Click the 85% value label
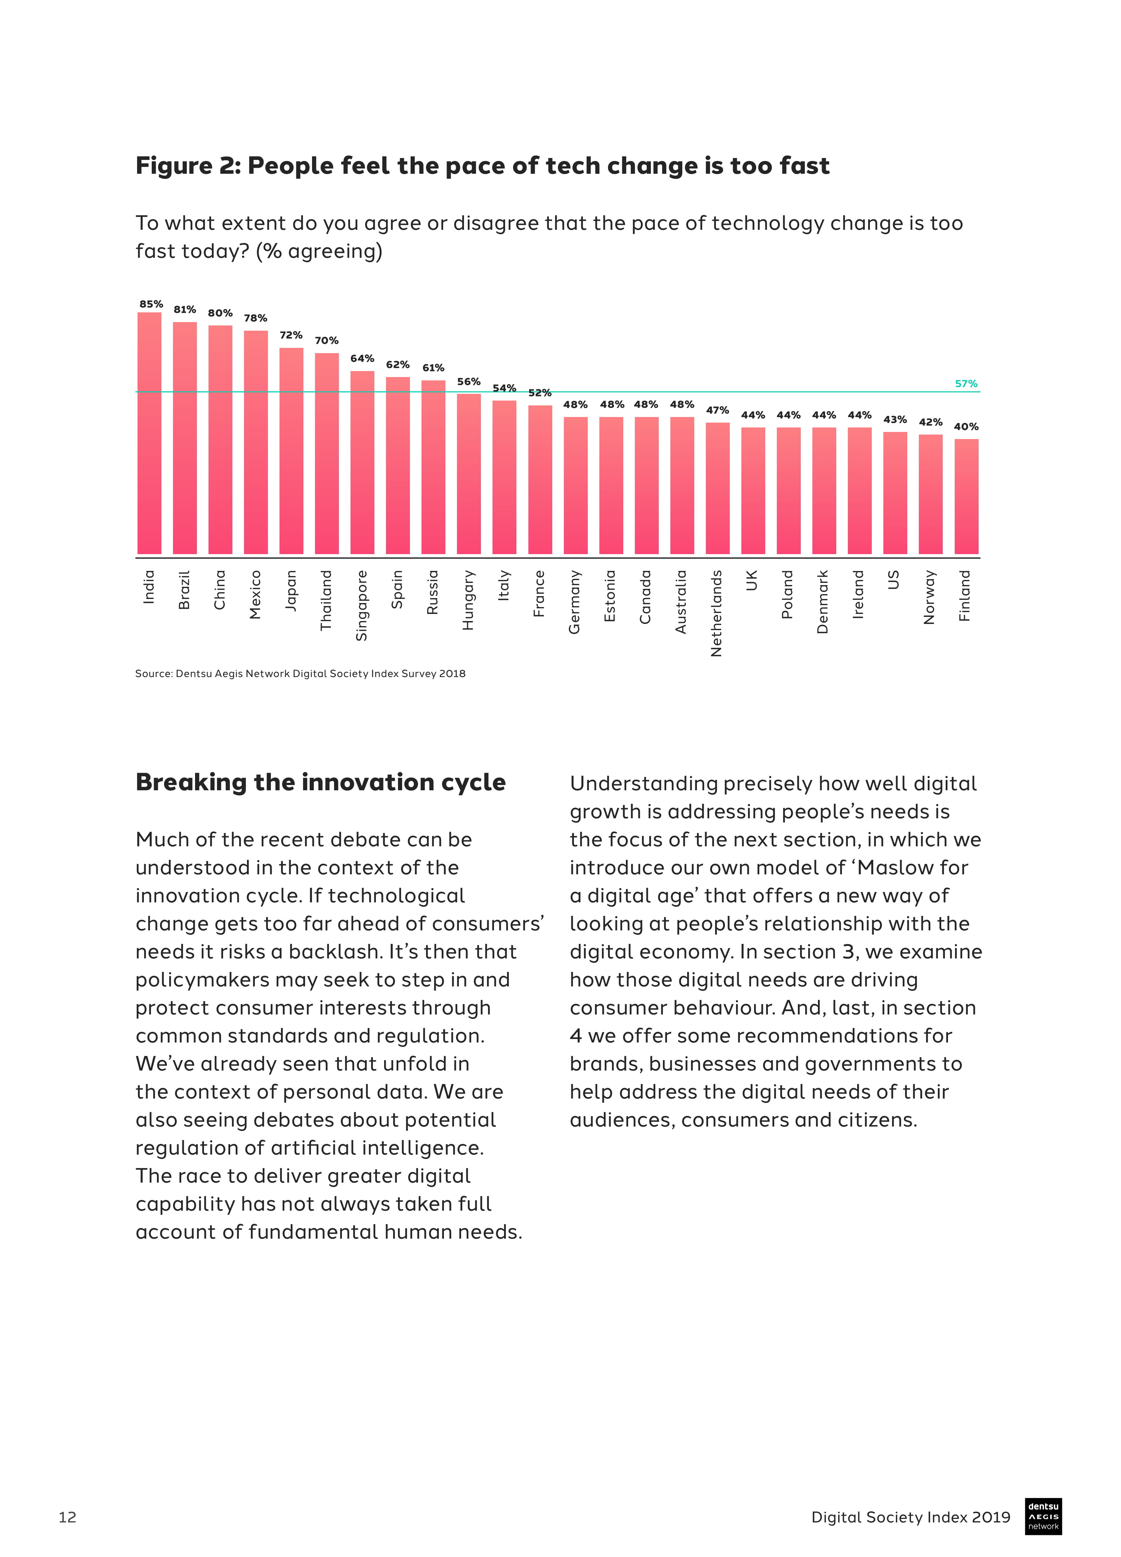151,304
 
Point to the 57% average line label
966,384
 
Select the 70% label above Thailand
327,340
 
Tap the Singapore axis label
362,605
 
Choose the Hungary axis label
468,599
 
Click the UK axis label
752,580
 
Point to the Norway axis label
929,597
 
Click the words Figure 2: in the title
188,166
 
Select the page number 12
67,1517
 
